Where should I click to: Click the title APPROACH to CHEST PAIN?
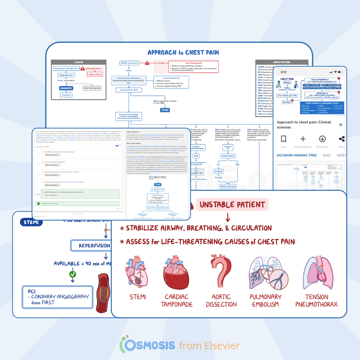(x=183, y=52)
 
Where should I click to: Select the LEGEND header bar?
(x=79, y=62)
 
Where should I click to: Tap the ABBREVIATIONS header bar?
(x=282, y=62)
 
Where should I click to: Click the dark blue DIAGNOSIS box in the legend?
(x=66, y=88)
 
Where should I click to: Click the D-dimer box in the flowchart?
(x=219, y=172)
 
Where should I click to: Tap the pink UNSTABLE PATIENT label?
(x=232, y=205)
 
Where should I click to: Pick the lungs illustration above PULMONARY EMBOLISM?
(x=266, y=273)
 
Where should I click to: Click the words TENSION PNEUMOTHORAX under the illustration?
(x=316, y=300)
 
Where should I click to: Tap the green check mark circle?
(x=73, y=274)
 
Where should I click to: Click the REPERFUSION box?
(x=94, y=246)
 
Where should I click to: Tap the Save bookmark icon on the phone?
(x=283, y=139)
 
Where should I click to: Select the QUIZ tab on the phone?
(x=326, y=155)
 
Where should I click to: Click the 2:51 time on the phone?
(x=283, y=72)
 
